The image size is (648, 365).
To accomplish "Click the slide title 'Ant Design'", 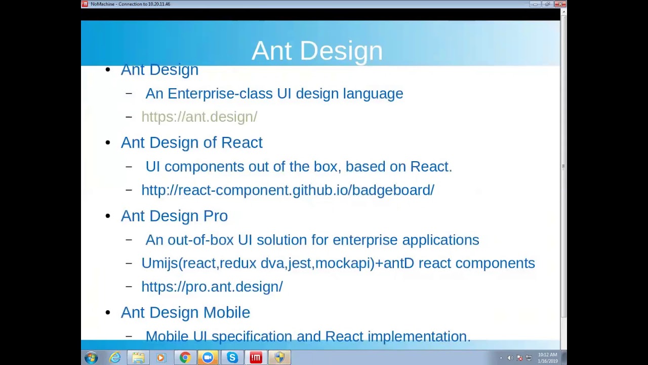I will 317,51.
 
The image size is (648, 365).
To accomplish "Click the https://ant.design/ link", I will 199,117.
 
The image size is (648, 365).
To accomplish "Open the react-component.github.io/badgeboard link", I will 288,190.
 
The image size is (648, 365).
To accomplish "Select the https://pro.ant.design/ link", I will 212,286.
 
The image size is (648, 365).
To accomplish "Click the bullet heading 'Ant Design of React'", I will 191,142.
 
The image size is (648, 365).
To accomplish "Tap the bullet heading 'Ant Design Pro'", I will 174,216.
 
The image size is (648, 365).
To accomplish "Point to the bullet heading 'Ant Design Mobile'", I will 185,312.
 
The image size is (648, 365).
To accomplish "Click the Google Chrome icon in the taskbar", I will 185,358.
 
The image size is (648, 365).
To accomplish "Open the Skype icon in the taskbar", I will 232,358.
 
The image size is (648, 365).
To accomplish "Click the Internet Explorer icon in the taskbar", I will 115,358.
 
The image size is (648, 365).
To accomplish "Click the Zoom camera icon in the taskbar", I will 208,358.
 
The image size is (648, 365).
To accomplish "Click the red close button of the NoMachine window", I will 559,4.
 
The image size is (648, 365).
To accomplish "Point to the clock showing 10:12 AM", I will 547,355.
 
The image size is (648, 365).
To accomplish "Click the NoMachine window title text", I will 130,4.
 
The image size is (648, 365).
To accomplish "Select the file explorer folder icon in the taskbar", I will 138,358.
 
